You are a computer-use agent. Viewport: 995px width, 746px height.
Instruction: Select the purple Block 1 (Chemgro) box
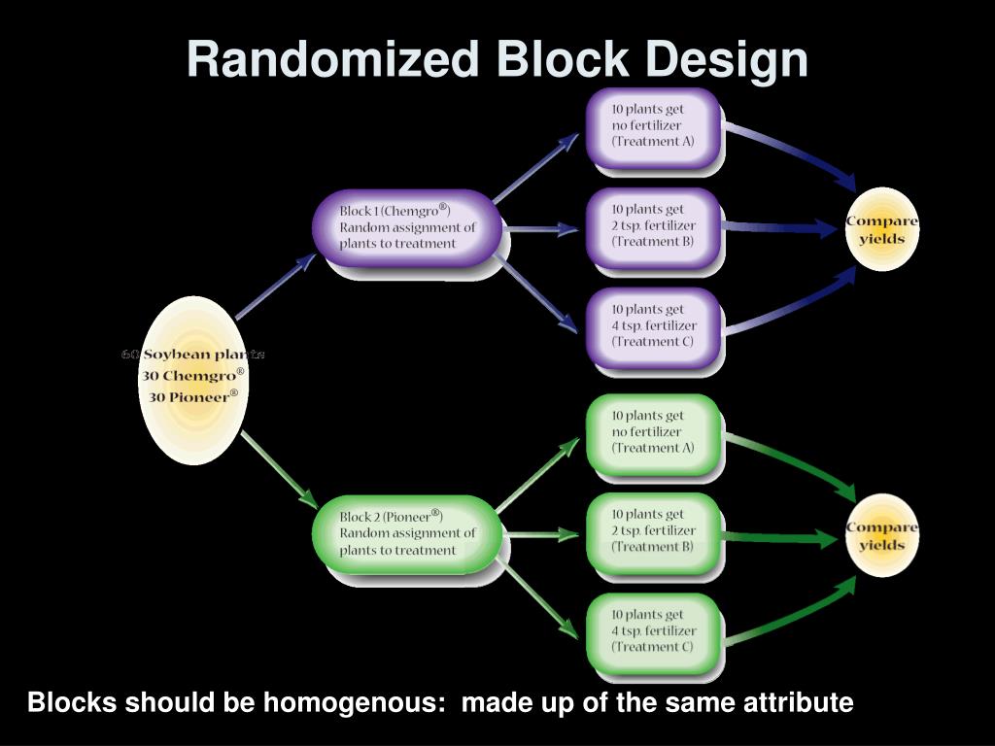click(x=407, y=228)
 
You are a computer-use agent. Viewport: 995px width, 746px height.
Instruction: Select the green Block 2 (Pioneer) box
click(x=407, y=533)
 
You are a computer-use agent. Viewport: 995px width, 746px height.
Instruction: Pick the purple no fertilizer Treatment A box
click(x=653, y=125)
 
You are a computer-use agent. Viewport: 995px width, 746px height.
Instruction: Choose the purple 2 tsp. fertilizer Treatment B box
click(x=653, y=225)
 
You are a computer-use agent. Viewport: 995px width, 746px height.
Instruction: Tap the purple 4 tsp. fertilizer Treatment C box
click(x=653, y=326)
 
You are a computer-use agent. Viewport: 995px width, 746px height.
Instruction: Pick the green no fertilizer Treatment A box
click(x=653, y=432)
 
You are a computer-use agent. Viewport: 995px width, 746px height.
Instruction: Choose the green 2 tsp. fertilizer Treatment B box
click(x=653, y=531)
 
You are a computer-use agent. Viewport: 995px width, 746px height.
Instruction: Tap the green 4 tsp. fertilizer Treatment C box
click(x=653, y=631)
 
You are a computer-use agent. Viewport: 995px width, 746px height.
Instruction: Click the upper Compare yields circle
click(x=881, y=229)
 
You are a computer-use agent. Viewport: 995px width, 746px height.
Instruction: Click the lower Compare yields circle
click(x=881, y=535)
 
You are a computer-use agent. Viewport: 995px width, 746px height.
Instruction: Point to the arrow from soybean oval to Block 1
click(x=276, y=286)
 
